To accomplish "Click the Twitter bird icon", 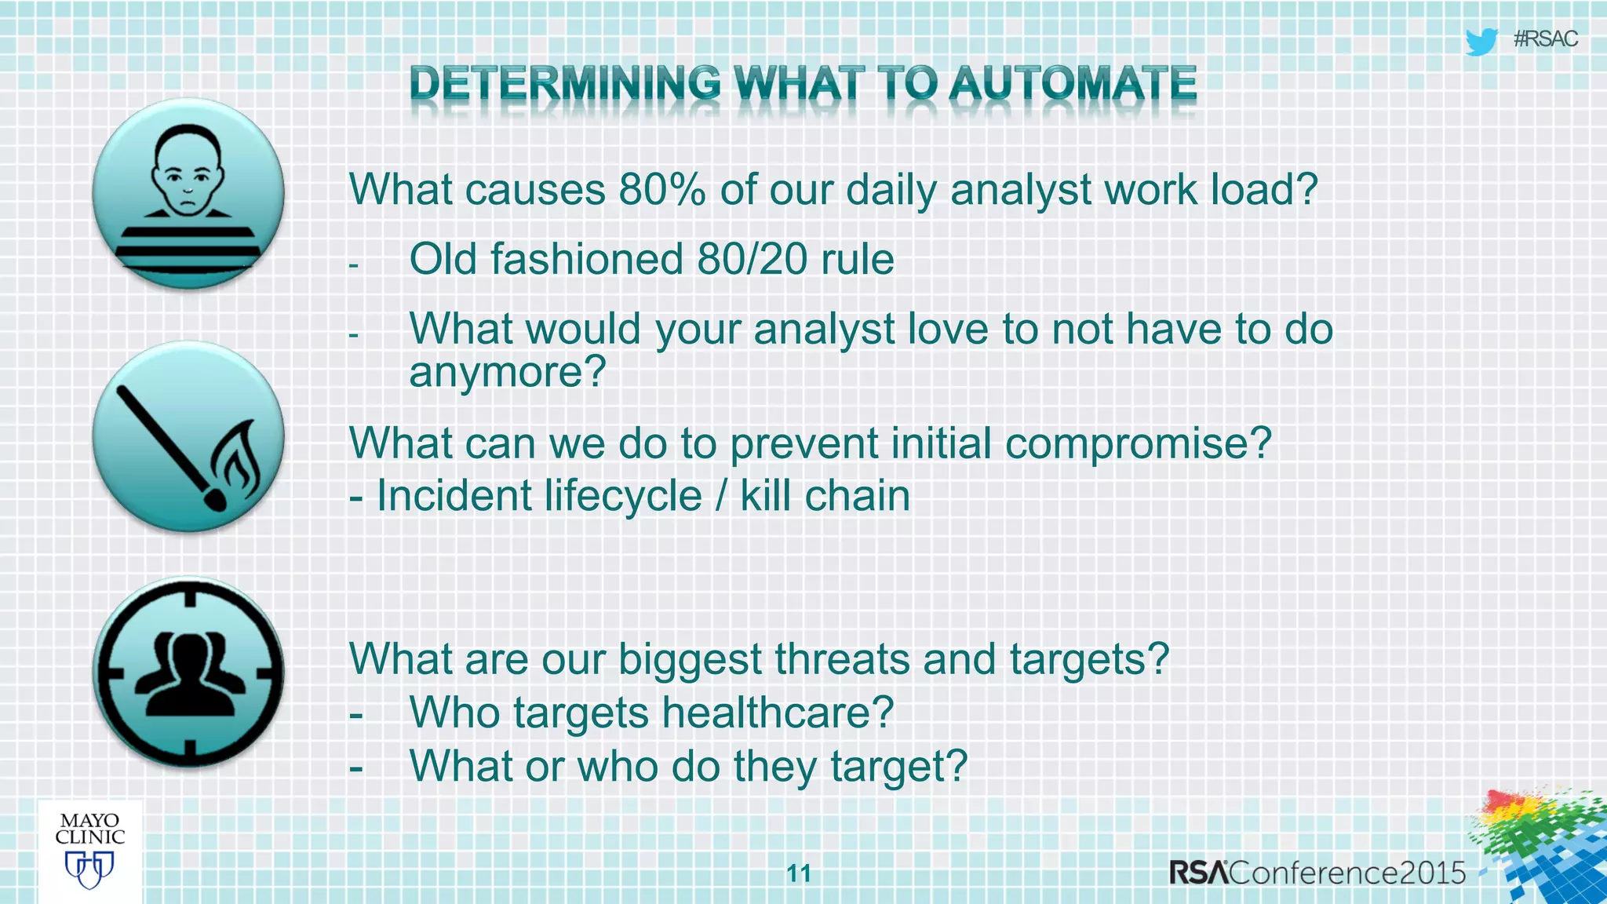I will point(1481,41).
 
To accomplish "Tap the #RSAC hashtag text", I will point(1545,39).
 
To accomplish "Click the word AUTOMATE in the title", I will point(1072,83).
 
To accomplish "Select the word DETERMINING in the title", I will point(564,83).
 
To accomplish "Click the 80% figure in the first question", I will point(661,190).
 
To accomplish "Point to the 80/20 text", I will point(752,259).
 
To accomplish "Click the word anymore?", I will point(508,371).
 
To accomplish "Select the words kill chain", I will point(825,496).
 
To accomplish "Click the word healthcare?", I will point(778,713).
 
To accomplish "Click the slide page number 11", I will point(799,873).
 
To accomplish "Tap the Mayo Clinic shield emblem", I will point(89,869).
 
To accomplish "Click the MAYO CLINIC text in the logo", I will point(89,829).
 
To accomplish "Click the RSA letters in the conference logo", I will point(1198,873).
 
